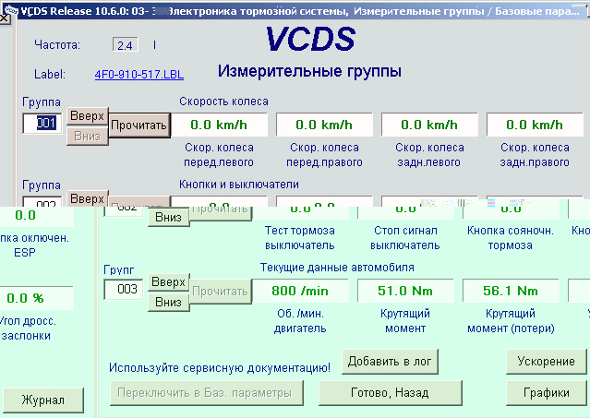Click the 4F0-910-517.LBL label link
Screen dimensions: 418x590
coord(138,75)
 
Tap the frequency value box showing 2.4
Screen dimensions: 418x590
coord(125,44)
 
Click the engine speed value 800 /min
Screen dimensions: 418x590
coord(300,290)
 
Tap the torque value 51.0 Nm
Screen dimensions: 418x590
coord(405,290)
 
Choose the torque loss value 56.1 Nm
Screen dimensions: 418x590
coord(510,290)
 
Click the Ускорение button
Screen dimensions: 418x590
coord(546,361)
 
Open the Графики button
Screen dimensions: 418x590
coord(546,392)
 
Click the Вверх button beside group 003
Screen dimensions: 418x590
coord(167,281)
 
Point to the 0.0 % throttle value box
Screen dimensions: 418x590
coord(26,298)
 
